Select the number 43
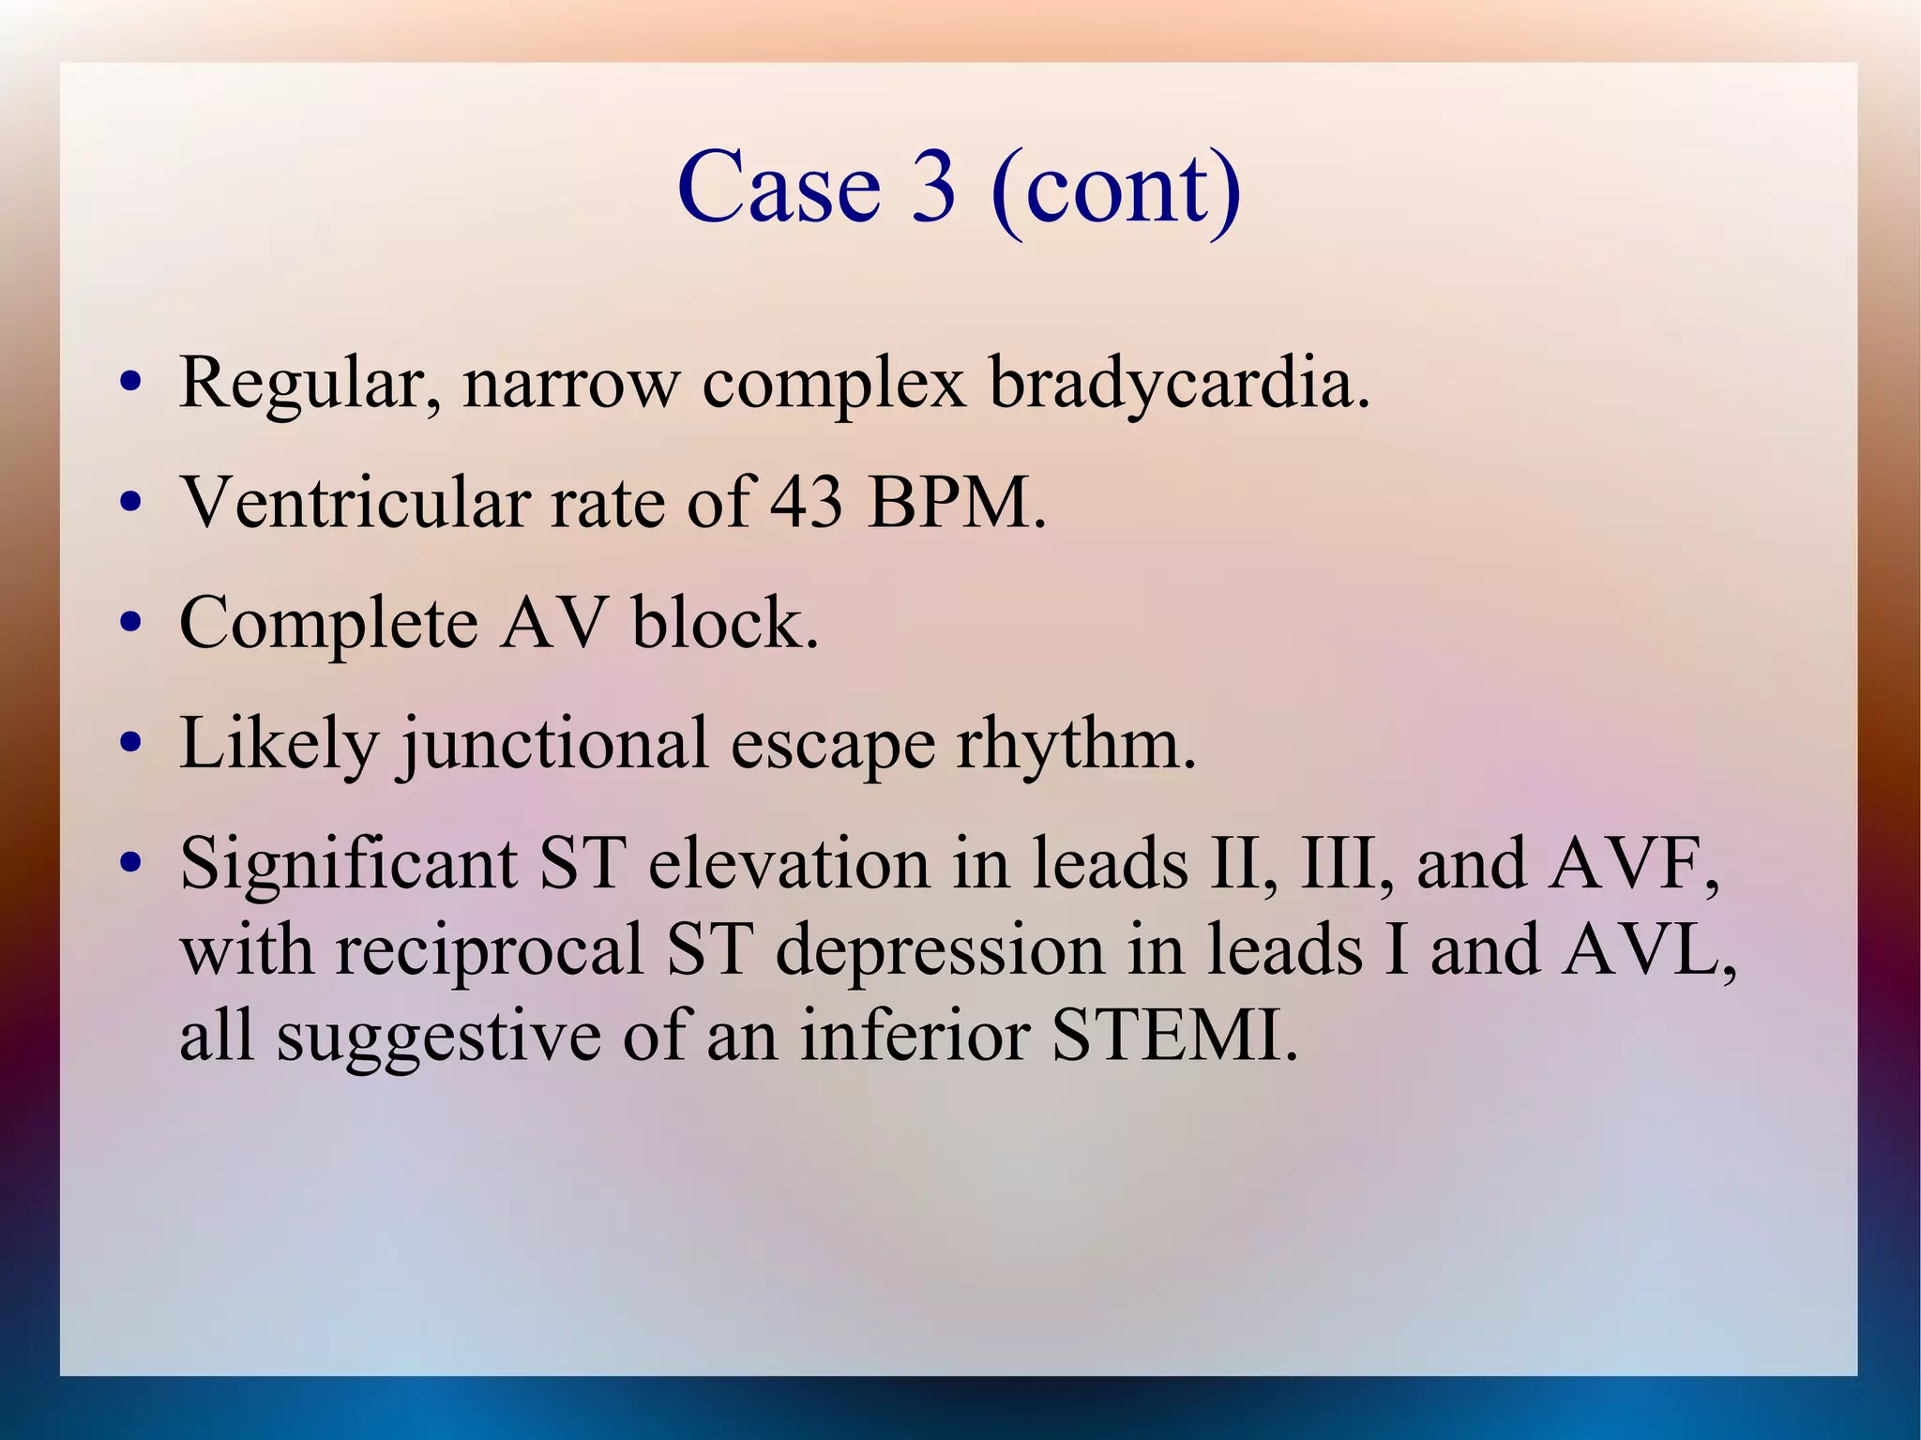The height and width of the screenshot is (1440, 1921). pyautogui.click(x=807, y=503)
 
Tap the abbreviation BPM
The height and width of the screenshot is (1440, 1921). pyautogui.click(x=957, y=503)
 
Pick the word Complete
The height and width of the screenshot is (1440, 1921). pyautogui.click(x=328, y=624)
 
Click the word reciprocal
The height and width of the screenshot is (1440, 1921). pyautogui.click(x=489, y=950)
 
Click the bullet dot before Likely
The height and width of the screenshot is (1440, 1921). pyautogui.click(x=130, y=744)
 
